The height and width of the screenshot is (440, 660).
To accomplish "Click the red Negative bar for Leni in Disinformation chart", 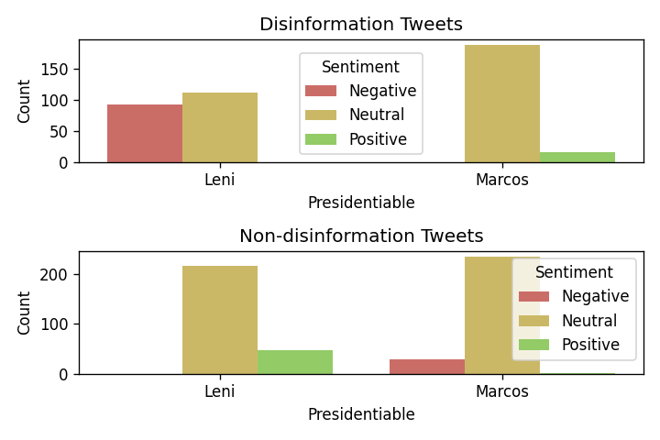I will click(145, 133).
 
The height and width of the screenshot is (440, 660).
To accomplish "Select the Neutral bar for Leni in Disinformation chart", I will click(220, 127).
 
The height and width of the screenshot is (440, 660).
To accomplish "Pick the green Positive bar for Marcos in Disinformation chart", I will click(577, 157).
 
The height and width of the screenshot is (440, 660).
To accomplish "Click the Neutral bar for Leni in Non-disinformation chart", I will click(220, 320).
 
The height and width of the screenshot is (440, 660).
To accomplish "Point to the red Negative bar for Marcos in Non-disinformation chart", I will click(427, 367).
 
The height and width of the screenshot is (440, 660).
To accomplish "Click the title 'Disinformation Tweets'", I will click(360, 25).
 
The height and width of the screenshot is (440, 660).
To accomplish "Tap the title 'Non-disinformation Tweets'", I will click(360, 236).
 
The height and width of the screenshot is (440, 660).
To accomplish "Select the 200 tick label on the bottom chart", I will click(54, 275).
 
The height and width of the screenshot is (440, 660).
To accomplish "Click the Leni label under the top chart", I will click(220, 180).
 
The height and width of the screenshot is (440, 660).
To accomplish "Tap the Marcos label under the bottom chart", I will click(501, 391).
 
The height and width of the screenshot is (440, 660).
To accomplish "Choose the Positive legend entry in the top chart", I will click(378, 140).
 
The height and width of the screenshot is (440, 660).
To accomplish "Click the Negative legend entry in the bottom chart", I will click(595, 296).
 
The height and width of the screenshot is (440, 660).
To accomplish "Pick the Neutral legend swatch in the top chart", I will click(321, 115).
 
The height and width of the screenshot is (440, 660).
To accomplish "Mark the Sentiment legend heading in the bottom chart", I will click(574, 272).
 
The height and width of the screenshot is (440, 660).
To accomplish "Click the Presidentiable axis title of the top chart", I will click(360, 203).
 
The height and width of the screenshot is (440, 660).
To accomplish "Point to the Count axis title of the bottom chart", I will click(25, 313).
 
